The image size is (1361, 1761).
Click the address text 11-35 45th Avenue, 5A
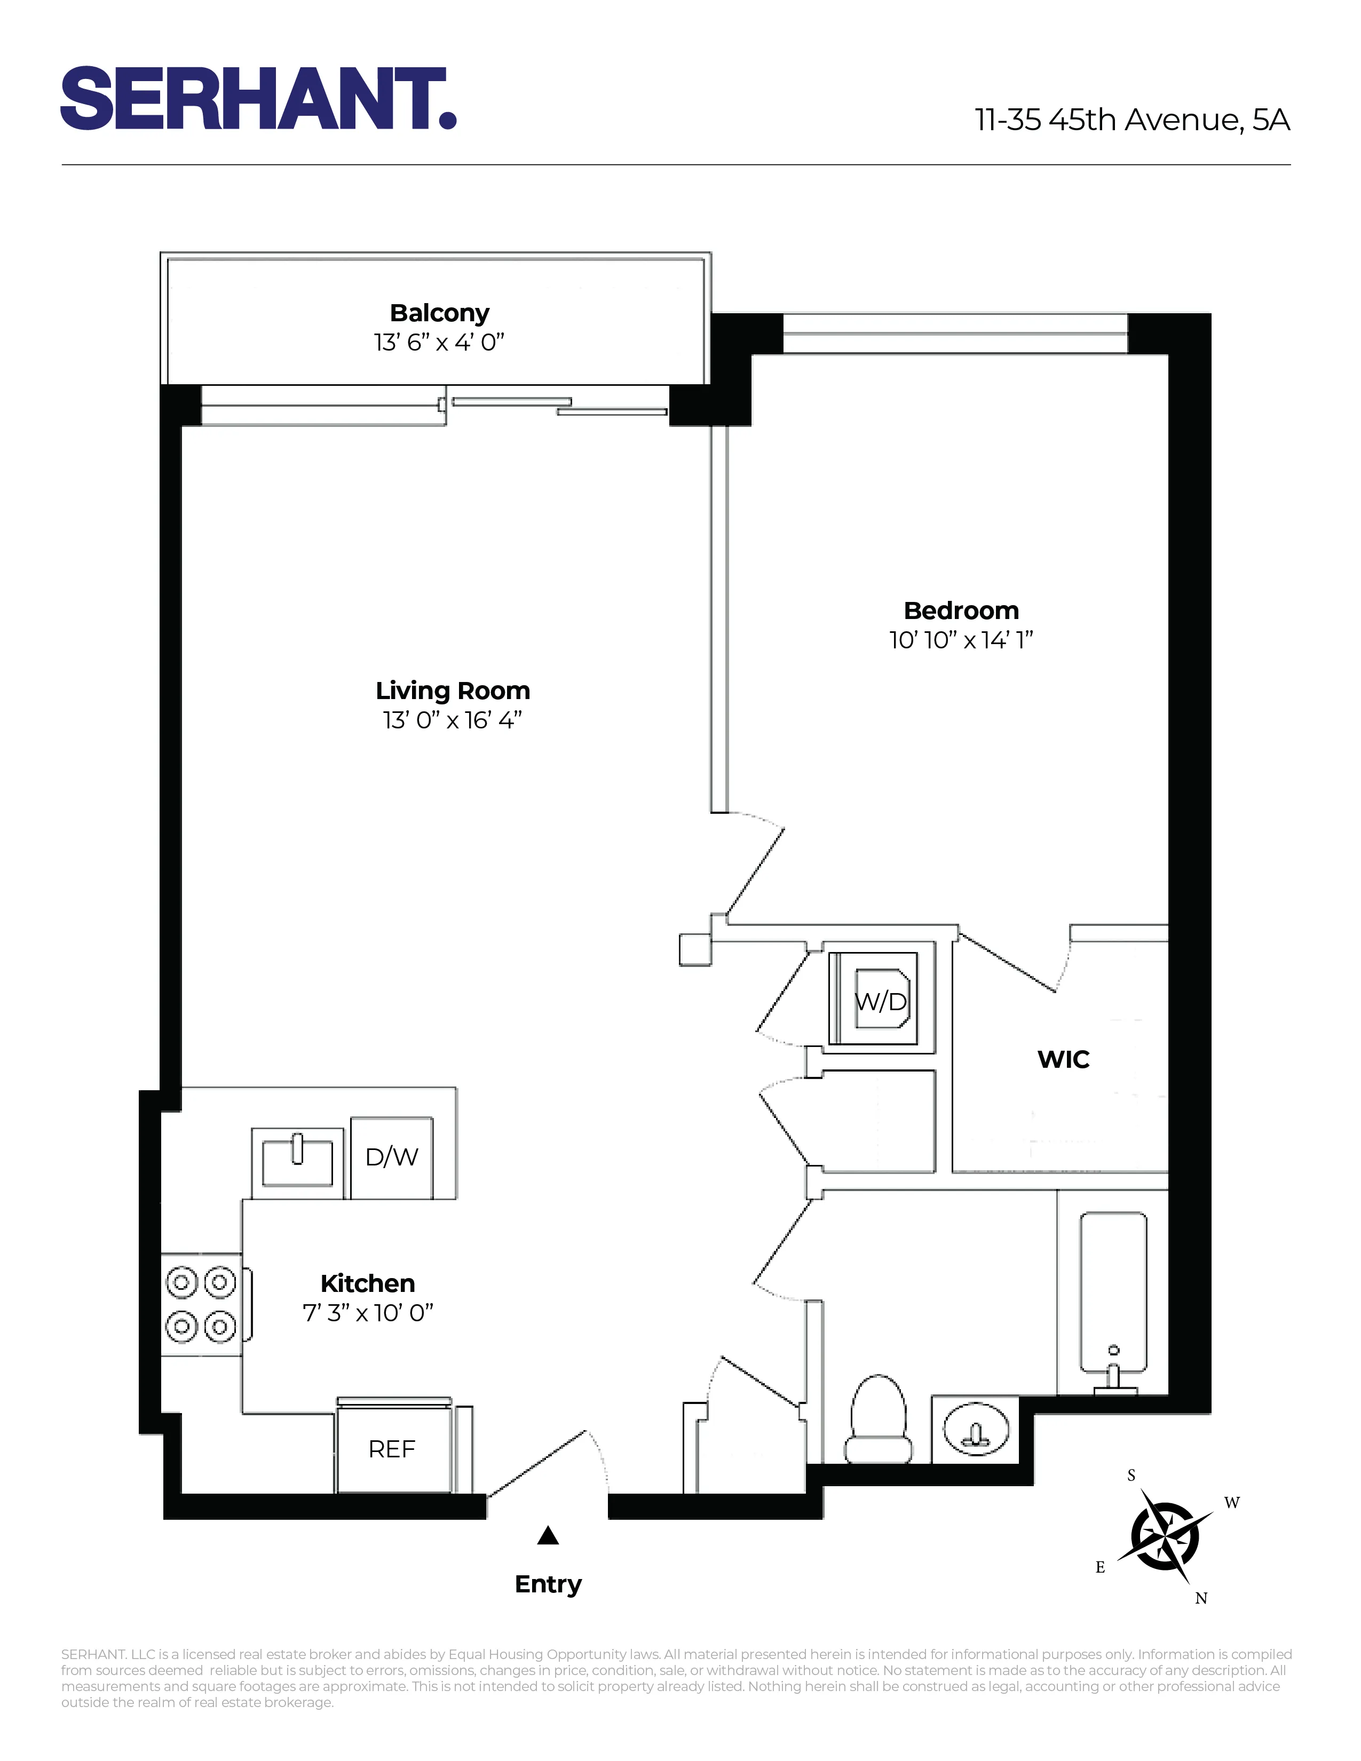pyautogui.click(x=1132, y=120)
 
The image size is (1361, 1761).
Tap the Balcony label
pyautogui.click(x=439, y=313)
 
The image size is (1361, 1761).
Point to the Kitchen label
pyautogui.click(x=368, y=1283)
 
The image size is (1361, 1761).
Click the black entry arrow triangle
pyautogui.click(x=548, y=1536)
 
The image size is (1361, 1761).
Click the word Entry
pyautogui.click(x=548, y=1584)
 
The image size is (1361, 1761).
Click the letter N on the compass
pyautogui.click(x=1200, y=1599)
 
